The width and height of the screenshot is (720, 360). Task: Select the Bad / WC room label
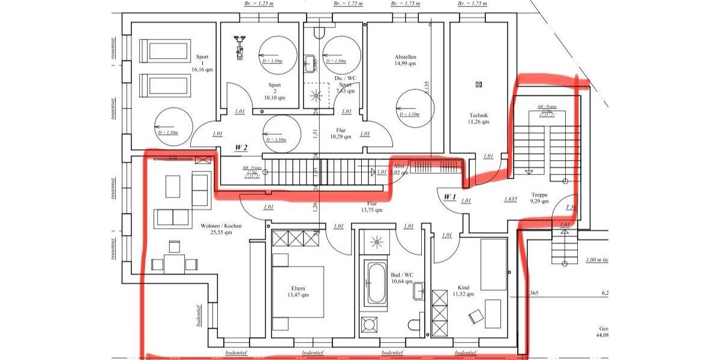pyautogui.click(x=401, y=277)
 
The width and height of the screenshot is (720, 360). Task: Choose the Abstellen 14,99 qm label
pyautogui.click(x=406, y=60)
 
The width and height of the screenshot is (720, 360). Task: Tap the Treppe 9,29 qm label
pyautogui.click(x=539, y=198)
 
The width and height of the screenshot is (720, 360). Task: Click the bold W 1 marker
pyautogui.click(x=451, y=197)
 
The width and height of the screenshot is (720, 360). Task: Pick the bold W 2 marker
pyautogui.click(x=242, y=147)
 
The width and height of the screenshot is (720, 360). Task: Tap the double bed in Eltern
pyautogui.click(x=299, y=285)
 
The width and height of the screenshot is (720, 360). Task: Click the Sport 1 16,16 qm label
pyautogui.click(x=202, y=63)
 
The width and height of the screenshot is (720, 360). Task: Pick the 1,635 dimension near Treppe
pyautogui.click(x=511, y=199)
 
